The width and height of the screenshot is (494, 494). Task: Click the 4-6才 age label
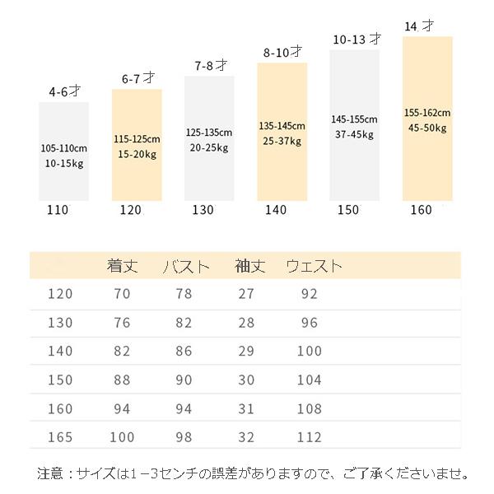(63, 92)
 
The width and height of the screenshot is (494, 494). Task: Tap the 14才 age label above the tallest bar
(420, 26)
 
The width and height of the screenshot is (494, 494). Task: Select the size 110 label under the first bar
(58, 210)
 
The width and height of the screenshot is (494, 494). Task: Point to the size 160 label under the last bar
(420, 210)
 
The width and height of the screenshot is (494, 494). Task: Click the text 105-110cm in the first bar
(63, 148)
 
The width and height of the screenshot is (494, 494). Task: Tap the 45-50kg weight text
(426, 128)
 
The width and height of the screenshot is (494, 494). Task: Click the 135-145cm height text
(282, 126)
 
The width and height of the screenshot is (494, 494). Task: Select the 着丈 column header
(122, 266)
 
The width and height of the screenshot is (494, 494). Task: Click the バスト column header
(186, 266)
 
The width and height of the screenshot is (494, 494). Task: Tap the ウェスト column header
(314, 266)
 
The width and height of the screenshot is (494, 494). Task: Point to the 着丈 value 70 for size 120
(122, 294)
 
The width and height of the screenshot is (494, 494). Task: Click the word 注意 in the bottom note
(49, 474)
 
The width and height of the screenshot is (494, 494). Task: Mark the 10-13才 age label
(357, 39)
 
